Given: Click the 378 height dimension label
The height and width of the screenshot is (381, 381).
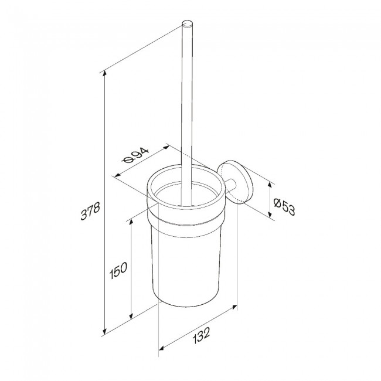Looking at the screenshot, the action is coord(90,211).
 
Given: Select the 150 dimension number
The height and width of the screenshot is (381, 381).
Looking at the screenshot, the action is coord(118,270).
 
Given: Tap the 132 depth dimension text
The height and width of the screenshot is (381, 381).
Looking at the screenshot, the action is coord(201,335).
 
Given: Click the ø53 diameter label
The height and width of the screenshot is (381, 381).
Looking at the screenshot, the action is coord(284,206).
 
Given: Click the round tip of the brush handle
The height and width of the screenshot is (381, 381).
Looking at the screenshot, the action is coord(188,24).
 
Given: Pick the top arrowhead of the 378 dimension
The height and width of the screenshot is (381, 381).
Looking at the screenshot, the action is coord(105,72).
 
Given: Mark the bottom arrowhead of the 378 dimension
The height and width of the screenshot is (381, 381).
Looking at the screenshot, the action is coord(105,331).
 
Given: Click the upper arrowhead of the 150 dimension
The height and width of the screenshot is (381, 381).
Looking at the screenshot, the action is coord(131,222).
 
